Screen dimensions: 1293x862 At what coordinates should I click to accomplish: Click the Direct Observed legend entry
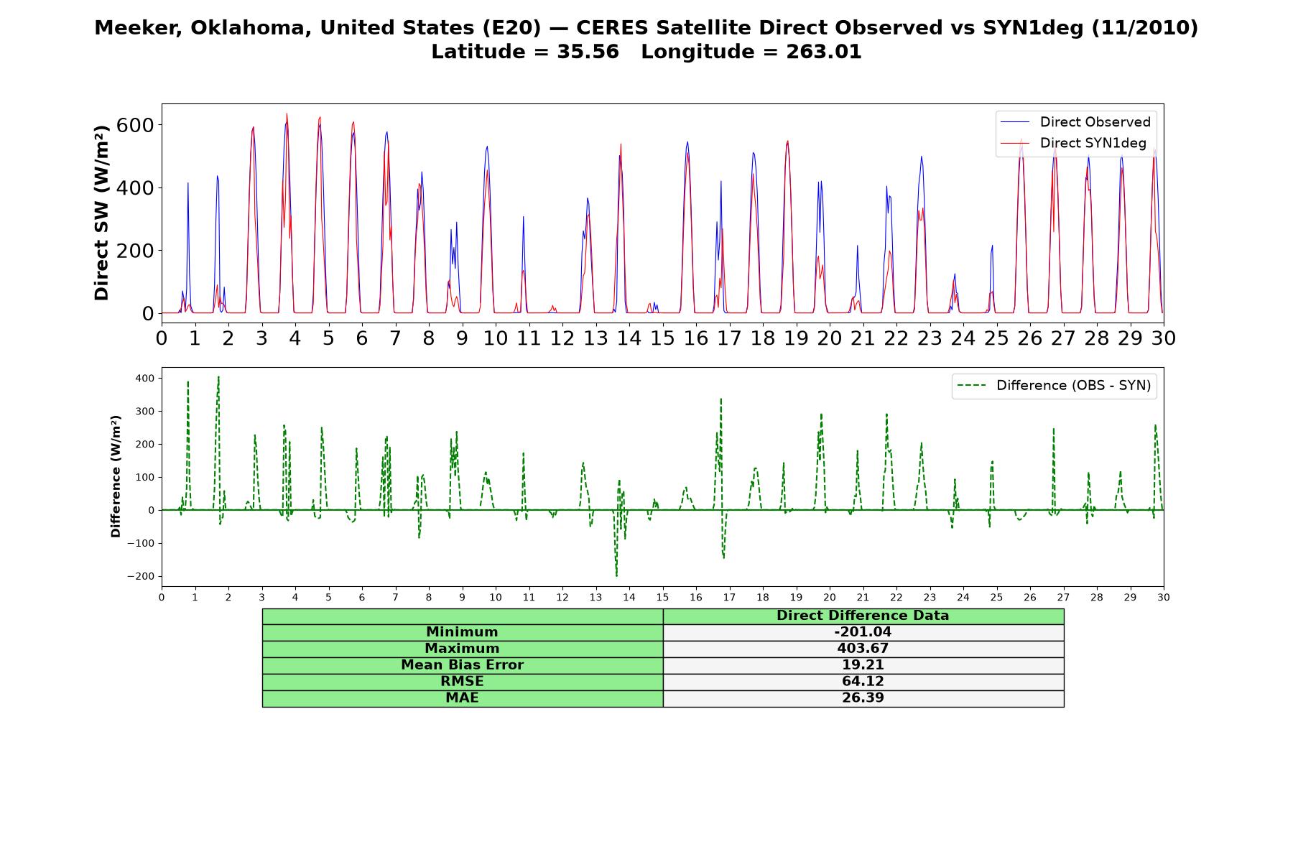tap(1076, 122)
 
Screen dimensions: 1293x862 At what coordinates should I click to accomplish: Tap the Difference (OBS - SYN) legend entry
tap(1055, 386)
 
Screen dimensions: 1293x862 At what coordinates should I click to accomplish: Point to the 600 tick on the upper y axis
tap(139, 125)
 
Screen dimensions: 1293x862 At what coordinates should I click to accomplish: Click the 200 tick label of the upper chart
tap(139, 251)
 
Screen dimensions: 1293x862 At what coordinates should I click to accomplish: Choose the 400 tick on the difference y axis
tap(144, 378)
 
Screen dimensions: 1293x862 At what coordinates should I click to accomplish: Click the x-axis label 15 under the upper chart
tap(662, 338)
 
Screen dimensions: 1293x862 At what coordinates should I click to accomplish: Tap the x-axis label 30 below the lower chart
tap(1163, 598)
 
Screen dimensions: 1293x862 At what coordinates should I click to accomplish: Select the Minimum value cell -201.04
tap(863, 632)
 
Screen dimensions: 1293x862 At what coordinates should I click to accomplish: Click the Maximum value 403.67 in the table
tap(863, 649)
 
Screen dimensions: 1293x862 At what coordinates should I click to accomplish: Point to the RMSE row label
tap(462, 682)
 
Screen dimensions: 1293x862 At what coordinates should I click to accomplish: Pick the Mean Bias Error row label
tap(462, 665)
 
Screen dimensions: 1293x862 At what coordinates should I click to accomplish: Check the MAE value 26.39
tap(863, 698)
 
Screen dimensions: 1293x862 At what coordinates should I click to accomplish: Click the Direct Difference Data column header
tap(863, 616)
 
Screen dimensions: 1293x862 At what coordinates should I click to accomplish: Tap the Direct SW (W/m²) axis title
tap(101, 213)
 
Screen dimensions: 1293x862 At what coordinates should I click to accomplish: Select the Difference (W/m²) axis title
tap(116, 477)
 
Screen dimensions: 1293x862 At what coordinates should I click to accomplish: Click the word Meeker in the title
tap(129, 28)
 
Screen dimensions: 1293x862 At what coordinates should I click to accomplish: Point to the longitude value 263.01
tap(825, 52)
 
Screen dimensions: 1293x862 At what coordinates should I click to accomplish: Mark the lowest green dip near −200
tap(616, 575)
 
